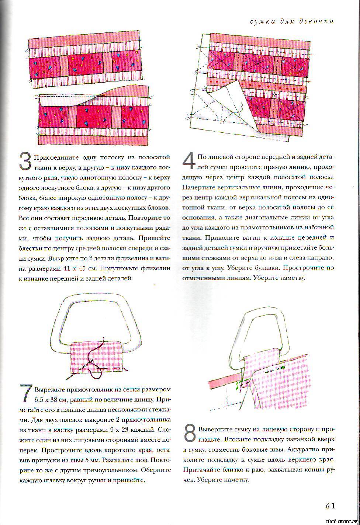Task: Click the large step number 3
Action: [25, 162]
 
